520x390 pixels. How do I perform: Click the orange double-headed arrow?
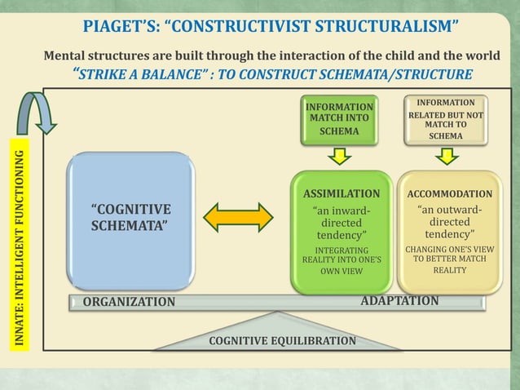point(238,217)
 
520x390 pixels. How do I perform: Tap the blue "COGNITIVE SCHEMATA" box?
point(130,219)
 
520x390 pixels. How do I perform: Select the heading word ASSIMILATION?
point(342,194)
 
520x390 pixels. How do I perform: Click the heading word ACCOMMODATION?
point(449,194)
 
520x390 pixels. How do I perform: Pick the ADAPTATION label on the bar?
point(399,301)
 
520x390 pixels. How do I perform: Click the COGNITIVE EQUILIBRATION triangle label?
point(282,340)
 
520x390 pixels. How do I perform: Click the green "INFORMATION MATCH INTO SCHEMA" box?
point(339,119)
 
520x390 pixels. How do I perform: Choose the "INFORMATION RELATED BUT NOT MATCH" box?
point(446,119)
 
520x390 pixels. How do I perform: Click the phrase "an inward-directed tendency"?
point(342,223)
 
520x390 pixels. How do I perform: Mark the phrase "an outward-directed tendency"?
point(449,222)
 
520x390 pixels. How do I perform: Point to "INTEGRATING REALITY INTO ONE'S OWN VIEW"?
point(342,260)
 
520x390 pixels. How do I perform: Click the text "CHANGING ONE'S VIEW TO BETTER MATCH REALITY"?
point(449,259)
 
